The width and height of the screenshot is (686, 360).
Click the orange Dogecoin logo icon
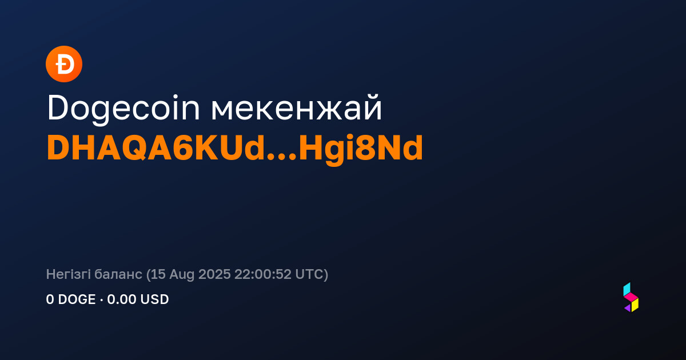(x=64, y=64)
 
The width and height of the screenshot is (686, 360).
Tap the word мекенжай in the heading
(x=297, y=108)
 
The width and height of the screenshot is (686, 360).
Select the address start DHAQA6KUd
(x=155, y=148)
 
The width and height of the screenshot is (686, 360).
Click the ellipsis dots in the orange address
(x=282, y=157)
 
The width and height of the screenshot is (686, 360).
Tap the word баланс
(x=118, y=275)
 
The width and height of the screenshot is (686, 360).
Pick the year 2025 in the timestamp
(x=214, y=274)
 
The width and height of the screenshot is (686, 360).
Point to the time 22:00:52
(x=263, y=274)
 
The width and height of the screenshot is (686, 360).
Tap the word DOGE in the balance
(x=77, y=299)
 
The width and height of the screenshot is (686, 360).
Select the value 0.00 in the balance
(x=122, y=299)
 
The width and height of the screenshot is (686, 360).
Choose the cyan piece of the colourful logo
(x=627, y=289)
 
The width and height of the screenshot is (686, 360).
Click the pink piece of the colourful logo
(x=631, y=297)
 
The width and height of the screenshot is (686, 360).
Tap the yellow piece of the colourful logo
(x=635, y=305)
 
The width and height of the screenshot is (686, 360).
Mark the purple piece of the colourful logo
(x=628, y=308)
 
